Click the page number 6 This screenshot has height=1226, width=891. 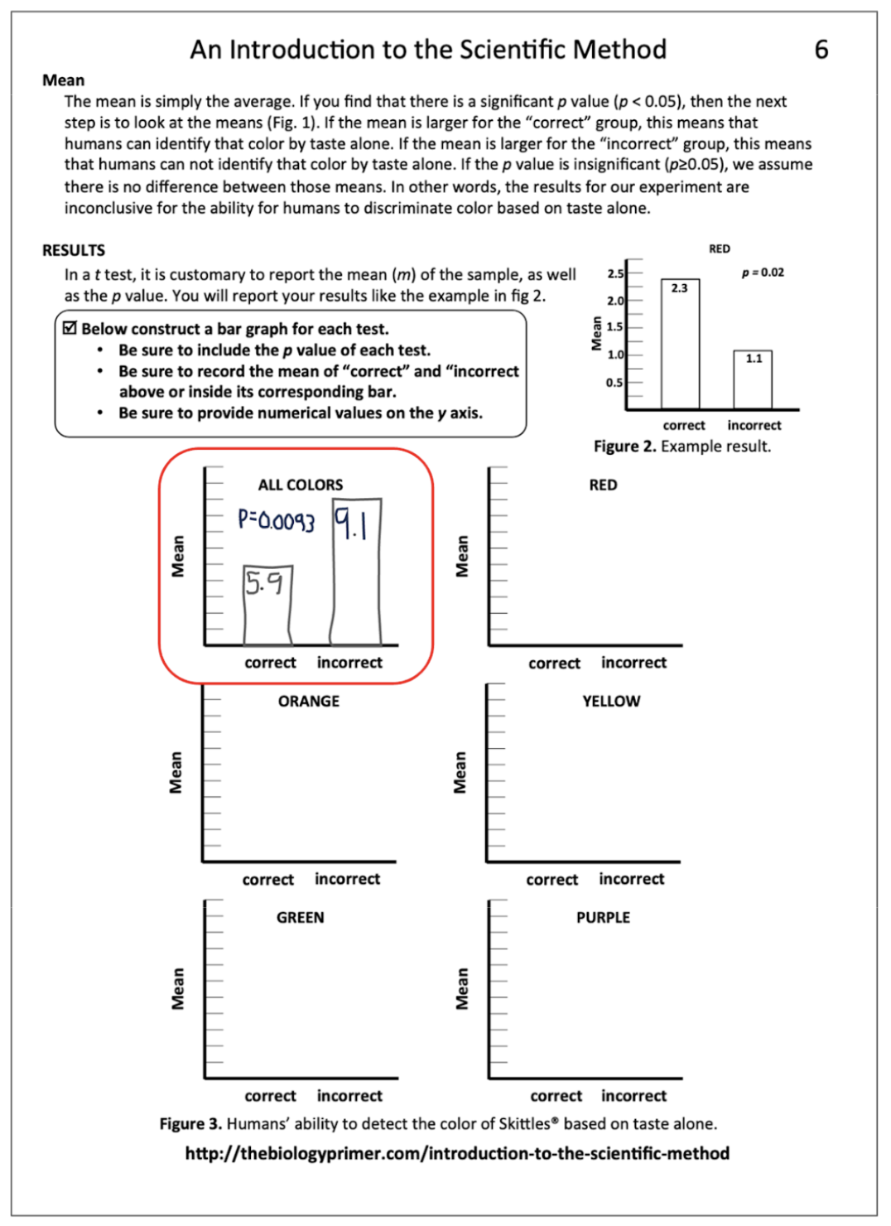[x=821, y=50]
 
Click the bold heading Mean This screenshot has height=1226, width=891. [x=63, y=80]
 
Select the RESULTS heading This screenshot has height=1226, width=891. [x=74, y=250]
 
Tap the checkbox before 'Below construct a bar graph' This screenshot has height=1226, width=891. [x=70, y=328]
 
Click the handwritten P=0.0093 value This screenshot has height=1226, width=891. [x=276, y=520]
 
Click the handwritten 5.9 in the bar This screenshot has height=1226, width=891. [x=264, y=584]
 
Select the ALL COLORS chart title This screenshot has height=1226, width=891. [x=300, y=485]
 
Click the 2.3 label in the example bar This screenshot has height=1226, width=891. [x=679, y=288]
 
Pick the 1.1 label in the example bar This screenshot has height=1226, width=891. [x=754, y=359]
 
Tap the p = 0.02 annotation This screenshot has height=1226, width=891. [x=763, y=273]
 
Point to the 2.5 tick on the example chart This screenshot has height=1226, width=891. [x=615, y=273]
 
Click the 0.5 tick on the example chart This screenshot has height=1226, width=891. [x=614, y=383]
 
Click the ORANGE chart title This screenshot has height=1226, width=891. [x=308, y=702]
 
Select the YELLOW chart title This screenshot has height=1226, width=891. [x=611, y=702]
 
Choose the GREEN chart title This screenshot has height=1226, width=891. [x=300, y=918]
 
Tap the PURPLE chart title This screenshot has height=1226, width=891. [x=603, y=918]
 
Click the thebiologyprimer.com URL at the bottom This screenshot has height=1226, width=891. [x=457, y=1153]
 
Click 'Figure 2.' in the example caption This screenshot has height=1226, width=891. [x=624, y=446]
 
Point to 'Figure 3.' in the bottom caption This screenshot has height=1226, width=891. [x=190, y=1124]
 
